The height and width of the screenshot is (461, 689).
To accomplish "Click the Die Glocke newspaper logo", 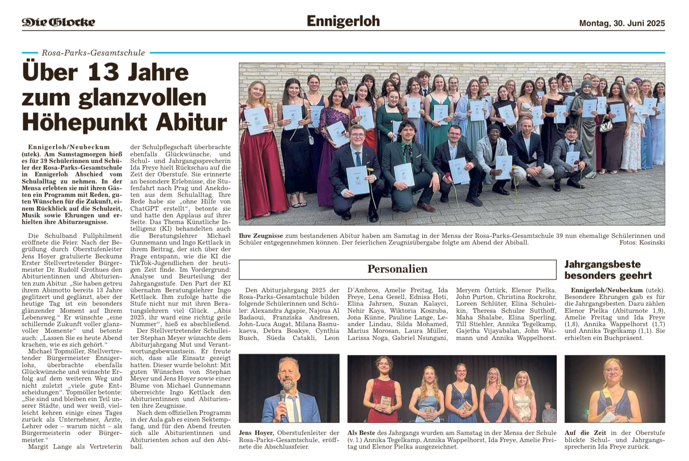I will point(58,22).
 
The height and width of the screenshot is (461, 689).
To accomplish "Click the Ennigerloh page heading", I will point(343,21).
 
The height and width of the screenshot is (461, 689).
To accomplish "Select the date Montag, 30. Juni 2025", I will point(622,23).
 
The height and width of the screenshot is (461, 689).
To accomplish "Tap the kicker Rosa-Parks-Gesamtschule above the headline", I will point(93,53).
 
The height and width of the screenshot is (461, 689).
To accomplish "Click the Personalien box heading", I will point(397,269).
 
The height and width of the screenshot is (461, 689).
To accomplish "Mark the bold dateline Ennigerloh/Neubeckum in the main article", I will point(69,147).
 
